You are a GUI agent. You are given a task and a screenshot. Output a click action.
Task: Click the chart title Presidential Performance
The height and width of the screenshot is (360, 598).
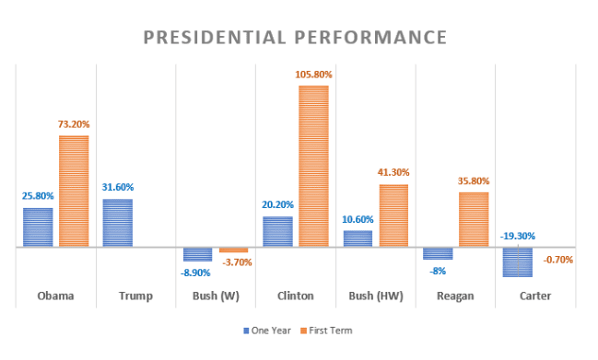point(295,38)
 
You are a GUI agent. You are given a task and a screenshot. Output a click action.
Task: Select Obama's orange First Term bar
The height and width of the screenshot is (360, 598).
point(74,191)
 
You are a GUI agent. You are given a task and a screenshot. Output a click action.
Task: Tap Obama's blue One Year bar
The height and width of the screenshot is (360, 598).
point(38,226)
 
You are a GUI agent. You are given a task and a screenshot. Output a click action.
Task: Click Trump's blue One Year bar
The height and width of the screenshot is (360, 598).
point(117,223)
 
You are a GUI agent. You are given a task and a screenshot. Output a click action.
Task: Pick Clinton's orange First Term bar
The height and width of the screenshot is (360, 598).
point(313,166)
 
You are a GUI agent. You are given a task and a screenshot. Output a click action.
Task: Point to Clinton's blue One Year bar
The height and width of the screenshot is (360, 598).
point(277,231)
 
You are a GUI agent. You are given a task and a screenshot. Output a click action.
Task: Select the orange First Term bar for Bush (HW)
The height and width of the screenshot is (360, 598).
point(393,215)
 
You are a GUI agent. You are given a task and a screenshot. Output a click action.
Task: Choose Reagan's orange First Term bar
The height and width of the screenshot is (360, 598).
point(474,219)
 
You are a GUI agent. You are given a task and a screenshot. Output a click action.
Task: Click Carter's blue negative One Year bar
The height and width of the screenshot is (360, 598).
point(517,261)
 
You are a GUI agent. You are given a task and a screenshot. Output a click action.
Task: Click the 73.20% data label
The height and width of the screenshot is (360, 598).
point(75,124)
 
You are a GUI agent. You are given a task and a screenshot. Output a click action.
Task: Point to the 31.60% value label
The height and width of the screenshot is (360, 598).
point(117,188)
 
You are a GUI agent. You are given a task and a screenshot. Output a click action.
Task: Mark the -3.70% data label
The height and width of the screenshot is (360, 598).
point(234,262)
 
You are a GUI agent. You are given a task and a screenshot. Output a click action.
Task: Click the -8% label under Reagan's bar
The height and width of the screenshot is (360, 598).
point(437,271)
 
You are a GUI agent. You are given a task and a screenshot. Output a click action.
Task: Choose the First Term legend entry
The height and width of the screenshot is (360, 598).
point(328,330)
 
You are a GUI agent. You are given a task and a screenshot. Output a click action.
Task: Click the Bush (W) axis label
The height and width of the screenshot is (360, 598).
point(216,296)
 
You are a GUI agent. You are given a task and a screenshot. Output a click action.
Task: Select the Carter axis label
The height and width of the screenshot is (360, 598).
point(534,296)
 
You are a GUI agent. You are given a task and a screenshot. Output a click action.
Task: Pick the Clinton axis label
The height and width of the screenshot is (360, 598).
point(295,296)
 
